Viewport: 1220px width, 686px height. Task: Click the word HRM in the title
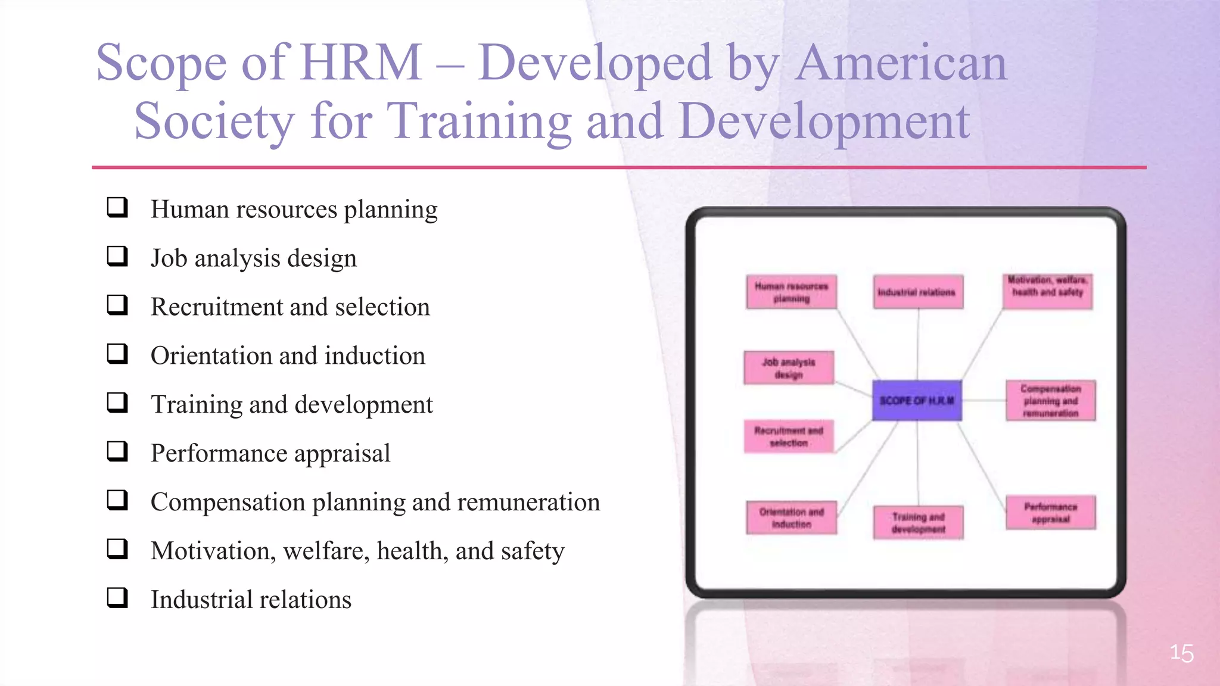[361, 63]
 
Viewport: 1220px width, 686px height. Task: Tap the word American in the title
[901, 63]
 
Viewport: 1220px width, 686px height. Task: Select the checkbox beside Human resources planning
[117, 207]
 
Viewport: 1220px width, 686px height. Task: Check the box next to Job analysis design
[117, 256]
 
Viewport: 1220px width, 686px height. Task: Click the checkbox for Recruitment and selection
[117, 305]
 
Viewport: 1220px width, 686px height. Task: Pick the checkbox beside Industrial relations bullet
[117, 597]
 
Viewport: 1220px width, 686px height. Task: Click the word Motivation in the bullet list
[213, 551]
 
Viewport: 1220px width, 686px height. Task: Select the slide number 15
[1181, 653]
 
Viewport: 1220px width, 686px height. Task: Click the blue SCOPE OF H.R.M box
[917, 401]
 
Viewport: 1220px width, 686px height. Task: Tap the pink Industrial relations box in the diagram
[918, 292]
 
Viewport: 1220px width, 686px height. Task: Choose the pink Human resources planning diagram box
[791, 292]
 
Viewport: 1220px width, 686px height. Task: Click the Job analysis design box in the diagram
[789, 368]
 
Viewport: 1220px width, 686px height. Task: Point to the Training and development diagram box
[918, 523]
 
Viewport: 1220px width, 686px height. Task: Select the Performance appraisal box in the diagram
[1051, 512]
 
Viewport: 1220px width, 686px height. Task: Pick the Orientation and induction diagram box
[791, 517]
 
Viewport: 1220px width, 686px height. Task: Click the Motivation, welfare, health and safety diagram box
[1047, 291]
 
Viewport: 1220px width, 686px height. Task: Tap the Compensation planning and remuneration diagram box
[1051, 401]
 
